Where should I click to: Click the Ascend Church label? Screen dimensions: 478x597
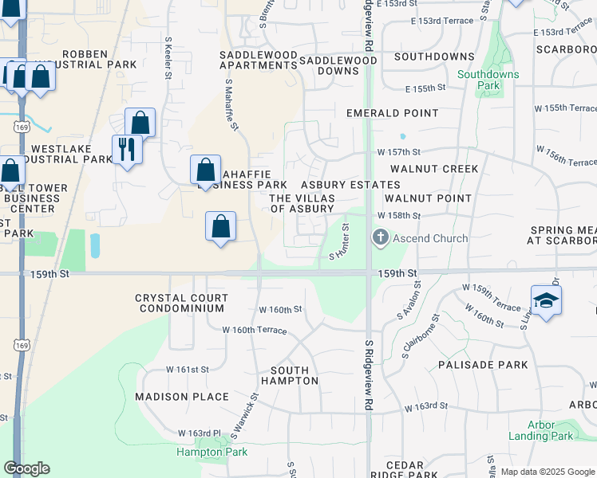[x=430, y=238]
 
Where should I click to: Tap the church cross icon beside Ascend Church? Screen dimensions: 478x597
[x=380, y=237]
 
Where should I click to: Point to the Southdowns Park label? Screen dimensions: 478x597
[x=488, y=80]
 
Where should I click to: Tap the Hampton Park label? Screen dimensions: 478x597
[x=212, y=452]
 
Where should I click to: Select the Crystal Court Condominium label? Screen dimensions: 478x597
[x=182, y=304]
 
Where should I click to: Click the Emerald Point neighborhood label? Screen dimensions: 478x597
[x=393, y=113]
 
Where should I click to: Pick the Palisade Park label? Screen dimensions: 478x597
[x=483, y=365]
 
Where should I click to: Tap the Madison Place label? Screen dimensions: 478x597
[x=182, y=397]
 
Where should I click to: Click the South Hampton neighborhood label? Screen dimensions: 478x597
[x=295, y=376]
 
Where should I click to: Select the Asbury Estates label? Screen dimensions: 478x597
[x=350, y=185]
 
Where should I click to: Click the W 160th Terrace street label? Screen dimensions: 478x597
[x=254, y=329]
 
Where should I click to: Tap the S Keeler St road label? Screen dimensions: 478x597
[x=168, y=57]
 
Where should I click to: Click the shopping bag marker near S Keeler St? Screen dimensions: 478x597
[x=140, y=123]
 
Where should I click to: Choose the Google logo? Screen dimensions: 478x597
[x=26, y=468]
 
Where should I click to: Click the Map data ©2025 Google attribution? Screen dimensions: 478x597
[x=548, y=472]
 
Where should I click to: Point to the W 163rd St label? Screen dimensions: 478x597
[x=426, y=407]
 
